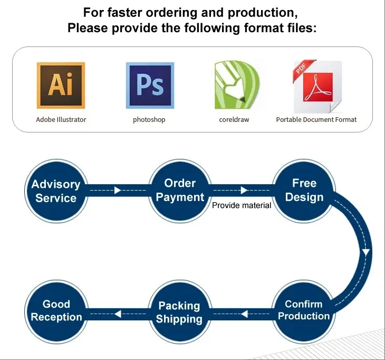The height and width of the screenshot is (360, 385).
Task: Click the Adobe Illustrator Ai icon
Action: point(61,86)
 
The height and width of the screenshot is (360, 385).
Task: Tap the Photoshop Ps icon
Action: point(150,86)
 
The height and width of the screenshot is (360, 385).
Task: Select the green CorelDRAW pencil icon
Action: point(237,85)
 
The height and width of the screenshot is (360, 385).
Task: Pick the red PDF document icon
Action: point(317,86)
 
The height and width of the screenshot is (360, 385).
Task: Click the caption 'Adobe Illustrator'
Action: point(61,120)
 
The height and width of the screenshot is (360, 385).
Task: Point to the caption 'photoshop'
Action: point(149,120)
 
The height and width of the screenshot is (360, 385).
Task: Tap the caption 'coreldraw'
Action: point(234,120)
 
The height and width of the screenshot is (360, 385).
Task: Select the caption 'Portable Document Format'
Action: point(316,120)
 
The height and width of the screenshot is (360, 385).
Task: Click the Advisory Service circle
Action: point(56,191)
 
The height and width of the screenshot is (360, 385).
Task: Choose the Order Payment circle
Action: point(180,191)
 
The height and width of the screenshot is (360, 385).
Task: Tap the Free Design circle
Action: point(304,191)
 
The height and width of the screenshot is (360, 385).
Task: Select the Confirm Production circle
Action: point(304,311)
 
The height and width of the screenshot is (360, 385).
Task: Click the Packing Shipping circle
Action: point(179,311)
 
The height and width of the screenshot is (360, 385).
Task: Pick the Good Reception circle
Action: point(56,311)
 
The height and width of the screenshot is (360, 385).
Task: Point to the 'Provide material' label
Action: point(242,205)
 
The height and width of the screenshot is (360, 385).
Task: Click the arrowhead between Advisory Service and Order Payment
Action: point(118,190)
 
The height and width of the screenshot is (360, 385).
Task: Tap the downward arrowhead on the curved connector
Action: point(366,253)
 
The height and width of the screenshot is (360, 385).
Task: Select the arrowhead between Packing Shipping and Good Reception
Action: point(118,314)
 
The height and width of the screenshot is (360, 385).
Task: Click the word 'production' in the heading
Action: point(263,13)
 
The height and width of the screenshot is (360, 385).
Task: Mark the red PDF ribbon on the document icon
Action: point(304,69)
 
